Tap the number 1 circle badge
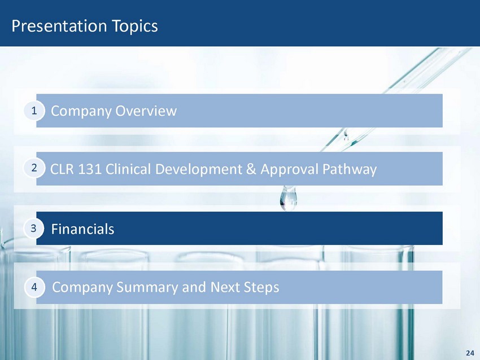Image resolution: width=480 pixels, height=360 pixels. pos(34,111)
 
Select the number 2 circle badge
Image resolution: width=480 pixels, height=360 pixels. pos(34,168)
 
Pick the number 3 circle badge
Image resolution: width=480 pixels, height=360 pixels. pos(34,228)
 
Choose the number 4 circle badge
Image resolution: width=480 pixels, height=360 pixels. pos(34,287)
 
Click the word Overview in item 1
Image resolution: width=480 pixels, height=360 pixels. pos(146,111)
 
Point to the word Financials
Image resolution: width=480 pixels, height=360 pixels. pos(82,229)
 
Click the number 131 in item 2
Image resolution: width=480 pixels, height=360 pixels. pos(90,169)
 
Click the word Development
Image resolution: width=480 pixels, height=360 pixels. pos(199,170)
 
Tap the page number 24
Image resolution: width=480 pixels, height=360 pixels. pos(470,353)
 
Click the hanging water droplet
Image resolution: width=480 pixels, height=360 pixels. pos(289,199)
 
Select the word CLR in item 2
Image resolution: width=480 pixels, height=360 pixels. pos(62,169)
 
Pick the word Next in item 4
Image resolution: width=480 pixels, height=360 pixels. pos(225,287)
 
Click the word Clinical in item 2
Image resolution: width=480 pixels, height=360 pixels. pos(128,169)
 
